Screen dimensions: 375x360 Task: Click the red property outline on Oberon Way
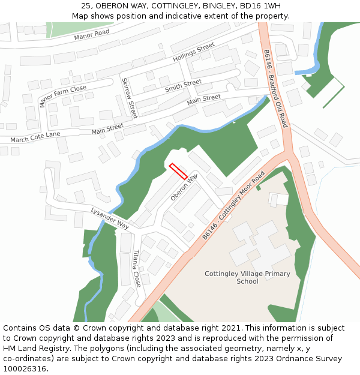178,171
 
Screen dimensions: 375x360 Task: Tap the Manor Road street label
92,35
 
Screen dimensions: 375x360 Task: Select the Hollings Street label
193,53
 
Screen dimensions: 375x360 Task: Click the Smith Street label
183,86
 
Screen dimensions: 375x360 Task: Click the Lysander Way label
110,218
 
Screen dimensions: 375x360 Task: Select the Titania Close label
137,268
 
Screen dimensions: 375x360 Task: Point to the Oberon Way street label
184,187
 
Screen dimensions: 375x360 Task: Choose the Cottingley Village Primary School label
247,277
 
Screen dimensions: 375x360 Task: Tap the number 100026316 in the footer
25,369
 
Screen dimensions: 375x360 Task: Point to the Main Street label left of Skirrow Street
107,128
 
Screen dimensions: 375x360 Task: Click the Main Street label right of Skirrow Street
204,98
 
